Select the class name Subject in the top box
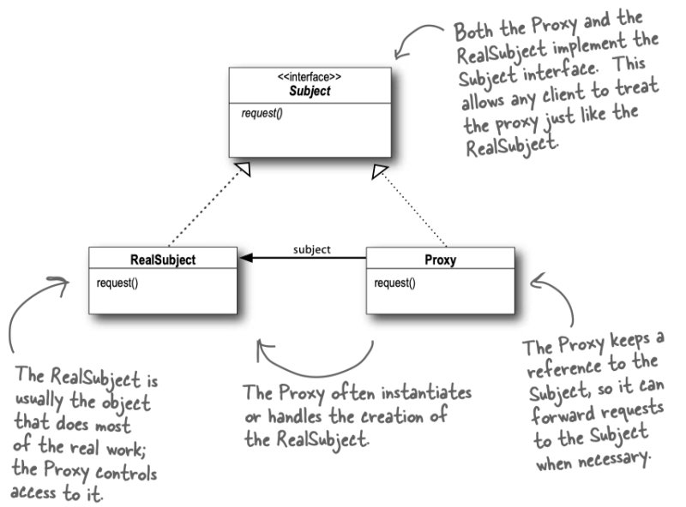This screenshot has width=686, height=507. [309, 90]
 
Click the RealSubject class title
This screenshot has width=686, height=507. [163, 259]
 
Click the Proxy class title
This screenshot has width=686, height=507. [440, 259]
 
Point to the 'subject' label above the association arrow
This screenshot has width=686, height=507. [311, 250]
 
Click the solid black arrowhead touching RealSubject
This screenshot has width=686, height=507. [245, 257]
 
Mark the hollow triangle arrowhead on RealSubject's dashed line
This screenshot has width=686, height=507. [244, 171]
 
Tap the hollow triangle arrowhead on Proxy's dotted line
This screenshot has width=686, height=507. [376, 172]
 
